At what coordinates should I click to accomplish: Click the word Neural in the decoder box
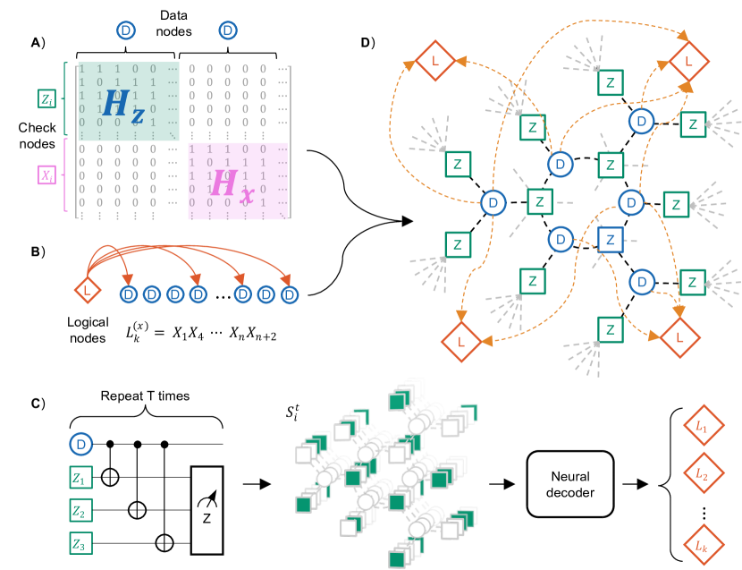coord(570,476)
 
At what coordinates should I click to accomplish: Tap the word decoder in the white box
coord(570,492)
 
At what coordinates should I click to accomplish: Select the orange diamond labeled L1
coord(702,428)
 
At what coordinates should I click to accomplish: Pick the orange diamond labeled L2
coord(702,474)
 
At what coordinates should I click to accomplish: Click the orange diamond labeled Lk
coord(702,544)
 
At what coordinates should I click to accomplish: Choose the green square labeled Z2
coord(81,510)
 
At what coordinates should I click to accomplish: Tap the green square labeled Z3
coord(81,542)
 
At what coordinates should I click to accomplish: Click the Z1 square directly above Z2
coord(81,478)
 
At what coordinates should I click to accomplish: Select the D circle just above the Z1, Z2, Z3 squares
coord(81,444)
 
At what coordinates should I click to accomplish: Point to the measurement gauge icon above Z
coord(207,498)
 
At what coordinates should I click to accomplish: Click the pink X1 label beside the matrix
coord(46,174)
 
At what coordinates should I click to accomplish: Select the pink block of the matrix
coord(238,181)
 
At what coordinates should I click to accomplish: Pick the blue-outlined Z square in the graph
coord(610,240)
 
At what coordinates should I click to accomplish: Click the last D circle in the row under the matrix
coord(289,294)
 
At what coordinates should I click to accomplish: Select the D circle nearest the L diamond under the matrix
coord(128,294)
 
